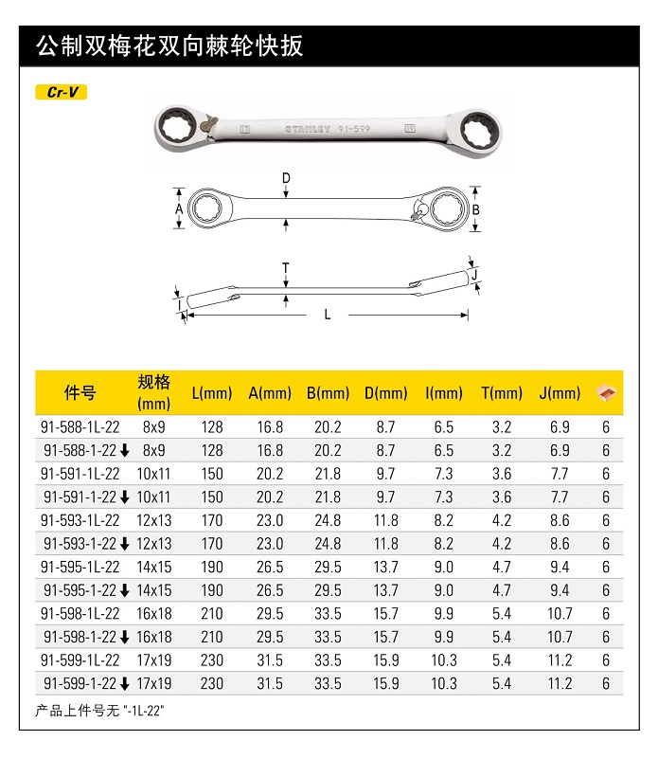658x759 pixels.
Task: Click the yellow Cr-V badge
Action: (62, 92)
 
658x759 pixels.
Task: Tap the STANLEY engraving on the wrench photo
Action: (308, 129)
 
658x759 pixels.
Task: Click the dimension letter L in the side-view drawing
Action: (328, 315)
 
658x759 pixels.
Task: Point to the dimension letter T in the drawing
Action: (286, 268)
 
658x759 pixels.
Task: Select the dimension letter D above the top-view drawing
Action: (286, 179)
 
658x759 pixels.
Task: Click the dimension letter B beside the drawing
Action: (475, 209)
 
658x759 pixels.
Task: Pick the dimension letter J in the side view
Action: (474, 275)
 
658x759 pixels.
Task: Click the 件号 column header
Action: (80, 392)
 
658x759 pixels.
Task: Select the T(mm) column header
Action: (502, 393)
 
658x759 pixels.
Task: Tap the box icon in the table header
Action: (606, 392)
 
